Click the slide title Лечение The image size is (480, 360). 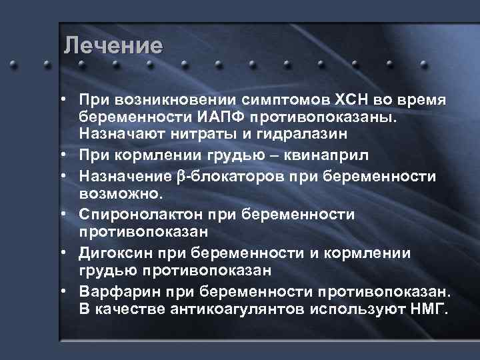click(x=113, y=46)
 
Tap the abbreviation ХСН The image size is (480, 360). click(x=354, y=100)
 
